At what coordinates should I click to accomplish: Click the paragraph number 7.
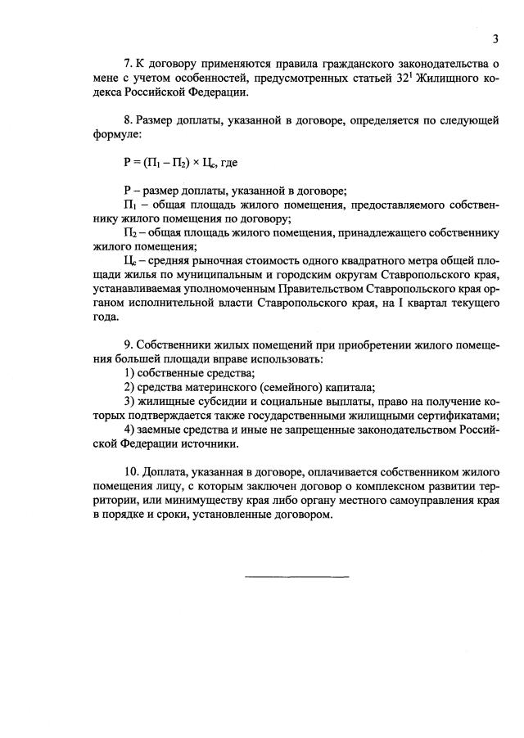tap(127, 64)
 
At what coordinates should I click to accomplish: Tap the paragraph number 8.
tap(127, 119)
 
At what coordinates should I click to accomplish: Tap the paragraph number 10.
tap(131, 472)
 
